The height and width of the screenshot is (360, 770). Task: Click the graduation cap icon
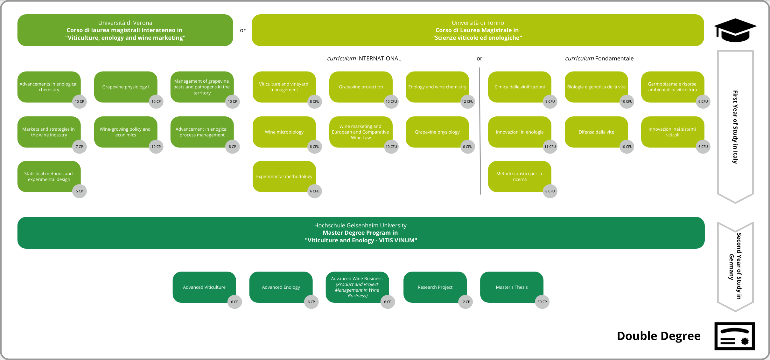735,30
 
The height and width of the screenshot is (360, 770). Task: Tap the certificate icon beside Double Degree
734,336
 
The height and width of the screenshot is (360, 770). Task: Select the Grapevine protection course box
360,87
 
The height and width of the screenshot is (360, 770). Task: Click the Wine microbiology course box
284,132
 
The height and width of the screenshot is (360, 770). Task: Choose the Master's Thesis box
511,287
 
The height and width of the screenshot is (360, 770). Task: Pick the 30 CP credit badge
542,302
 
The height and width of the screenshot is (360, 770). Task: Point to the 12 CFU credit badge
467,102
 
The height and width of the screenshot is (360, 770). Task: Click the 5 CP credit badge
79,191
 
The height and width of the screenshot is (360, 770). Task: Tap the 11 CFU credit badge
550,147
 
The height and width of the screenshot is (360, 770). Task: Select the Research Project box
435,287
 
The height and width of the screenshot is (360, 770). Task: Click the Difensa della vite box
596,132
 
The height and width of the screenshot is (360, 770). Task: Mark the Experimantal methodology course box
284,177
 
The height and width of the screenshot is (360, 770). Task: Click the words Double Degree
658,336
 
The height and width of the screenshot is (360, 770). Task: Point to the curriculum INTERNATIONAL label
364,59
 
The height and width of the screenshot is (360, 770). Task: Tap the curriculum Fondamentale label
599,59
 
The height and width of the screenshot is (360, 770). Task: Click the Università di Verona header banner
125,30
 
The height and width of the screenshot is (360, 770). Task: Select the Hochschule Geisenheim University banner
360,233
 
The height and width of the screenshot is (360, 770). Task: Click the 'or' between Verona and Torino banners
243,31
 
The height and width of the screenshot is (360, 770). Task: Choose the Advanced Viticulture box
204,287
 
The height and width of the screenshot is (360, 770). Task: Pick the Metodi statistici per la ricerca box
519,177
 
